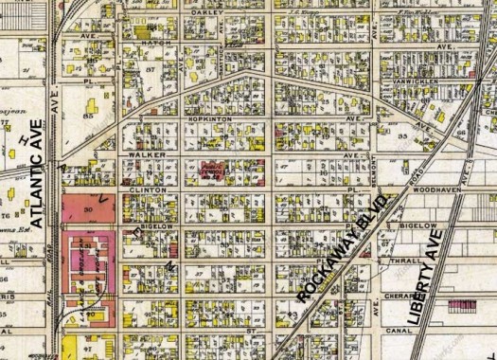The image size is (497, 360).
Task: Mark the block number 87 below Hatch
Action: pos(150,70)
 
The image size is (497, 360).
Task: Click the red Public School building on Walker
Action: pos(210,171)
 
